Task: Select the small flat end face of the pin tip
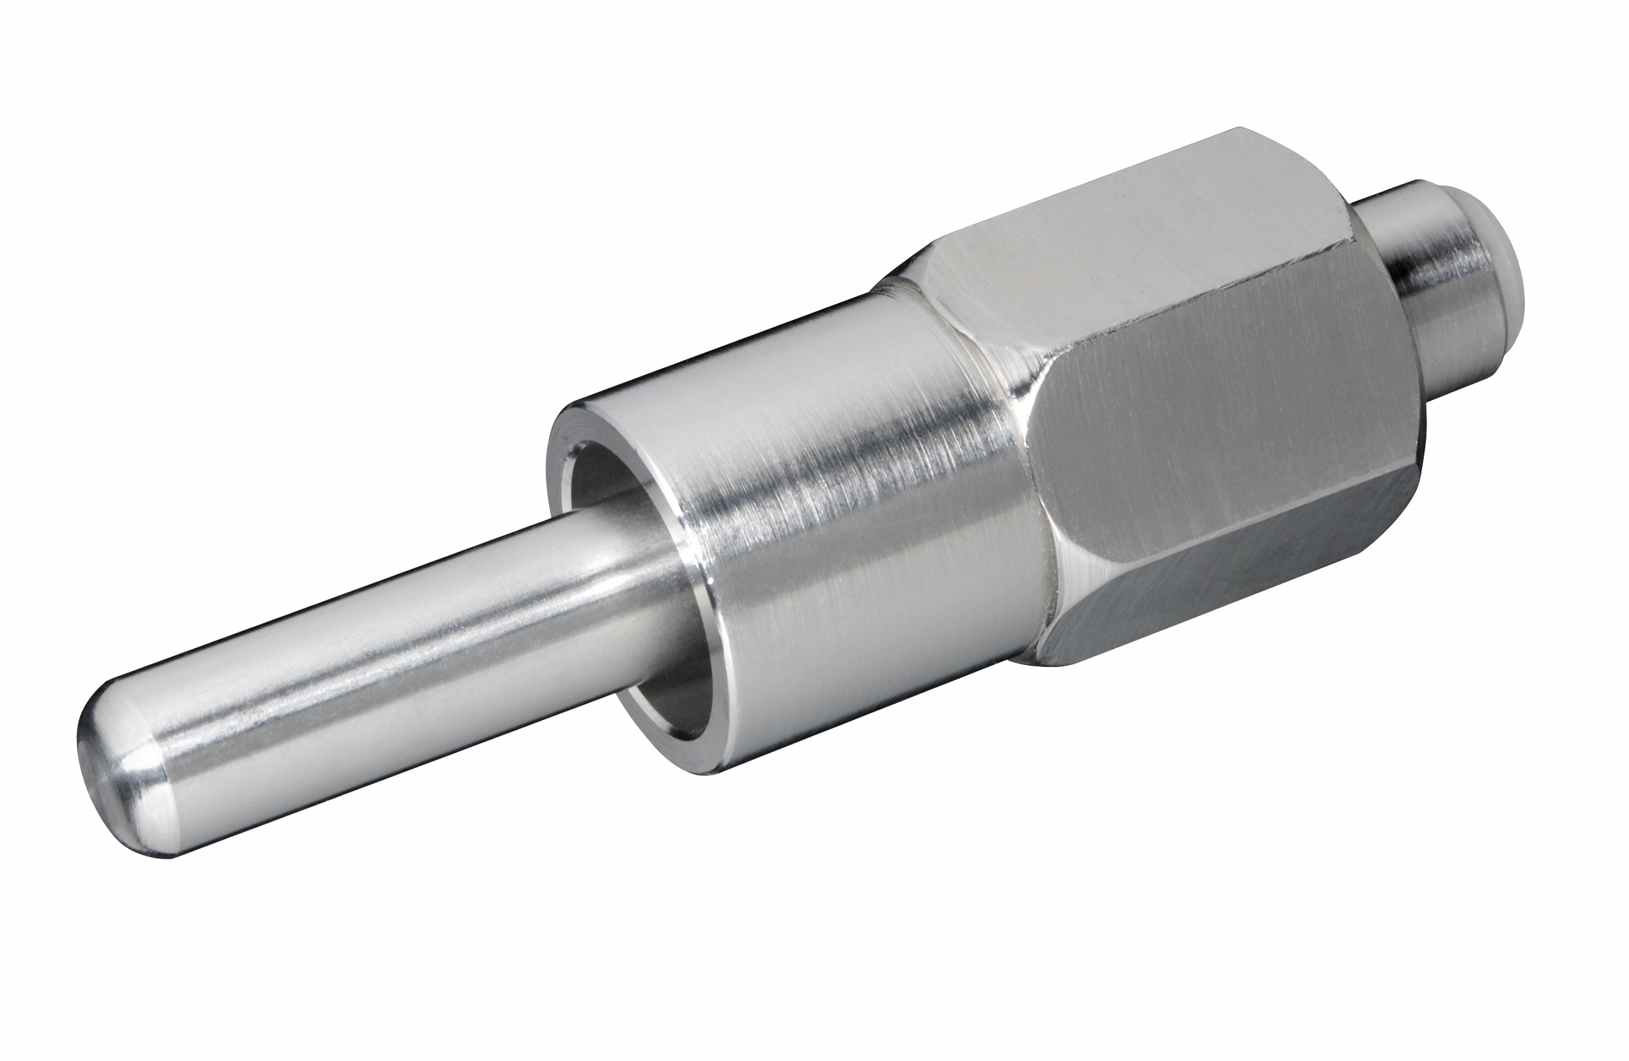tap(93, 753)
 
